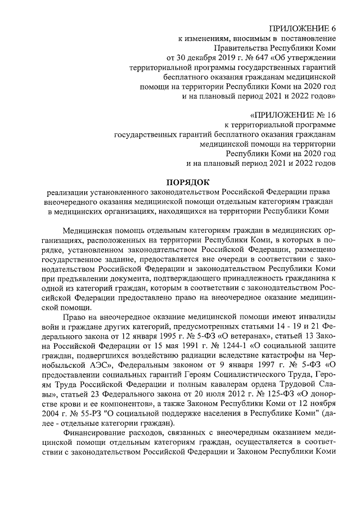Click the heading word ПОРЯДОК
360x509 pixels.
pos(188,182)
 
